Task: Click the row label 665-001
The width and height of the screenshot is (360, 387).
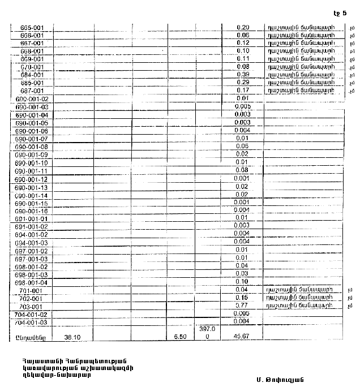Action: (x=29, y=27)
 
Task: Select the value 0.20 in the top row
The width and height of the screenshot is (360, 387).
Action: (x=243, y=27)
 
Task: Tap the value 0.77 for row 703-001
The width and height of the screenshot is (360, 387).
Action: (x=243, y=306)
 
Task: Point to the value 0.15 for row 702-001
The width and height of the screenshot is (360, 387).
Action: (x=243, y=298)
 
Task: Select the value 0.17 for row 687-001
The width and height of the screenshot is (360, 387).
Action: (x=243, y=91)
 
